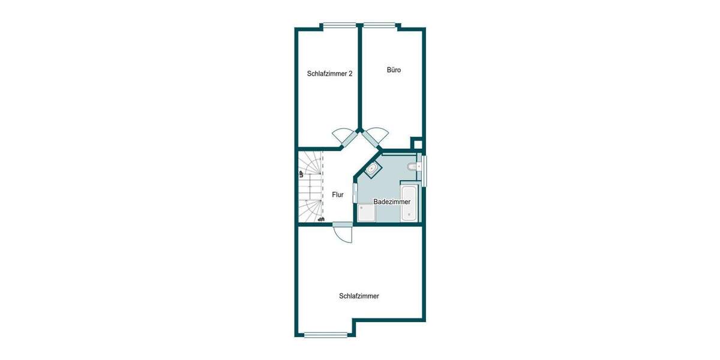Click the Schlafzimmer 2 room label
pyautogui.click(x=329, y=74)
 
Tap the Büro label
pyautogui.click(x=394, y=70)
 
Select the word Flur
pyautogui.click(x=338, y=195)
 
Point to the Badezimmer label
pyautogui.click(x=392, y=202)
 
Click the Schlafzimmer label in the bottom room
pyautogui.click(x=359, y=296)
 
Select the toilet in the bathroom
pyautogui.click(x=411, y=166)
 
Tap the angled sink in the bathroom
pyautogui.click(x=372, y=169)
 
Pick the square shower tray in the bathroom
pyautogui.click(x=365, y=213)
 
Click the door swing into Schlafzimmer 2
pyautogui.click(x=344, y=137)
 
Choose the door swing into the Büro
pyautogui.click(x=376, y=137)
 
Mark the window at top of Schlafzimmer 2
pyautogui.click(x=340, y=26)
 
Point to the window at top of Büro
pyautogui.click(x=379, y=26)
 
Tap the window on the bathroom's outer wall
pyautogui.click(x=424, y=170)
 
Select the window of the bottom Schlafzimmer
pyautogui.click(x=326, y=335)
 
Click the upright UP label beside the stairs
pyautogui.click(x=301, y=174)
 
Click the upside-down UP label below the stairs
pyautogui.click(x=321, y=219)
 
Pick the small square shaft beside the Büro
pyautogui.click(x=416, y=143)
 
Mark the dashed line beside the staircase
pyautogui.click(x=322, y=186)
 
